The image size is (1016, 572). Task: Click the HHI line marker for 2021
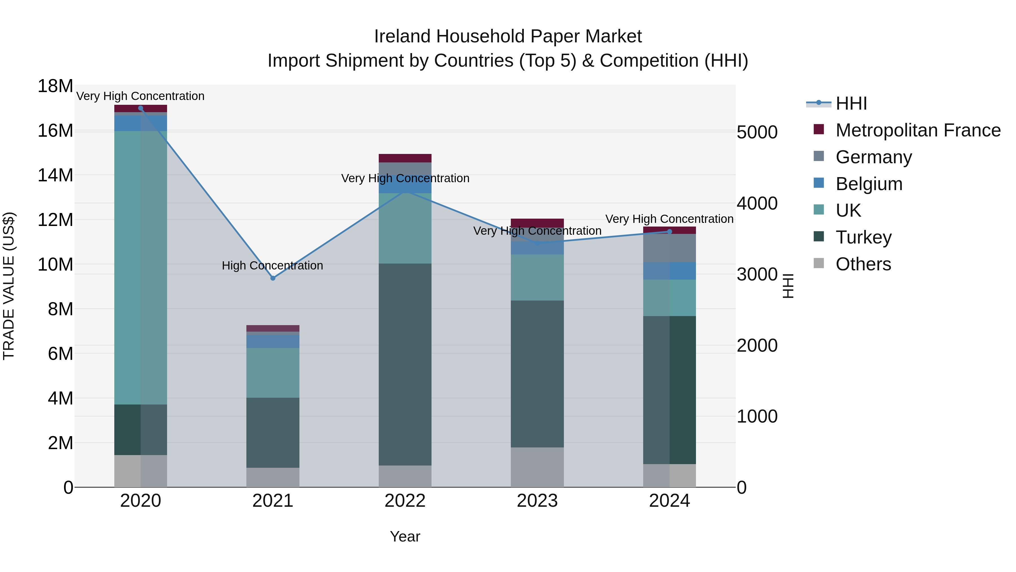[273, 278]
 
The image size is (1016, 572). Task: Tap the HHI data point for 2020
[141, 108]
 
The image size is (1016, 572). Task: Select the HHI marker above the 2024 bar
[669, 232]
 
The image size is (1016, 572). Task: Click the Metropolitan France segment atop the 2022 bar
[405, 158]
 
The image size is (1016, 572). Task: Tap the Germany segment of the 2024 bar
[669, 248]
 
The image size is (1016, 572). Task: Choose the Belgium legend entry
[869, 184]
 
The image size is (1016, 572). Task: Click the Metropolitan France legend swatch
[819, 129]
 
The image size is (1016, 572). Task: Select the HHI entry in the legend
[851, 103]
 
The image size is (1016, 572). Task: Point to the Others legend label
[863, 264]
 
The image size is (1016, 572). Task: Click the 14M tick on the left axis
[55, 175]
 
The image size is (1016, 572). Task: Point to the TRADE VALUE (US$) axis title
[9, 286]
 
